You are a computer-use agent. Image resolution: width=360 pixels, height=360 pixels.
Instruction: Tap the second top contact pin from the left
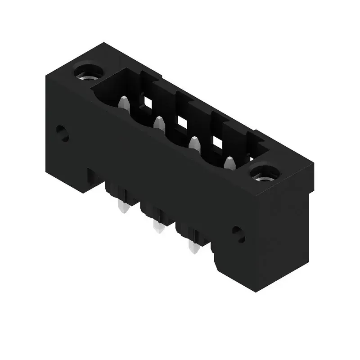click(x=158, y=123)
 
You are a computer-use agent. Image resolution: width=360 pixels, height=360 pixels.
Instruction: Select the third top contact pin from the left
click(x=194, y=143)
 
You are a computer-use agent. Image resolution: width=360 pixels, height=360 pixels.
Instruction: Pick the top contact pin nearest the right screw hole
click(x=229, y=163)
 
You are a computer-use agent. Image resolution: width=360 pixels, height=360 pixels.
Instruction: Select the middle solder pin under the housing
click(x=158, y=227)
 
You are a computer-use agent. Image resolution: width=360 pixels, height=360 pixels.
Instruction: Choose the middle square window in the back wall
click(x=181, y=121)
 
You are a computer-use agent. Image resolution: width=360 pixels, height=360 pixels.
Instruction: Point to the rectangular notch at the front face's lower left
click(x=93, y=178)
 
